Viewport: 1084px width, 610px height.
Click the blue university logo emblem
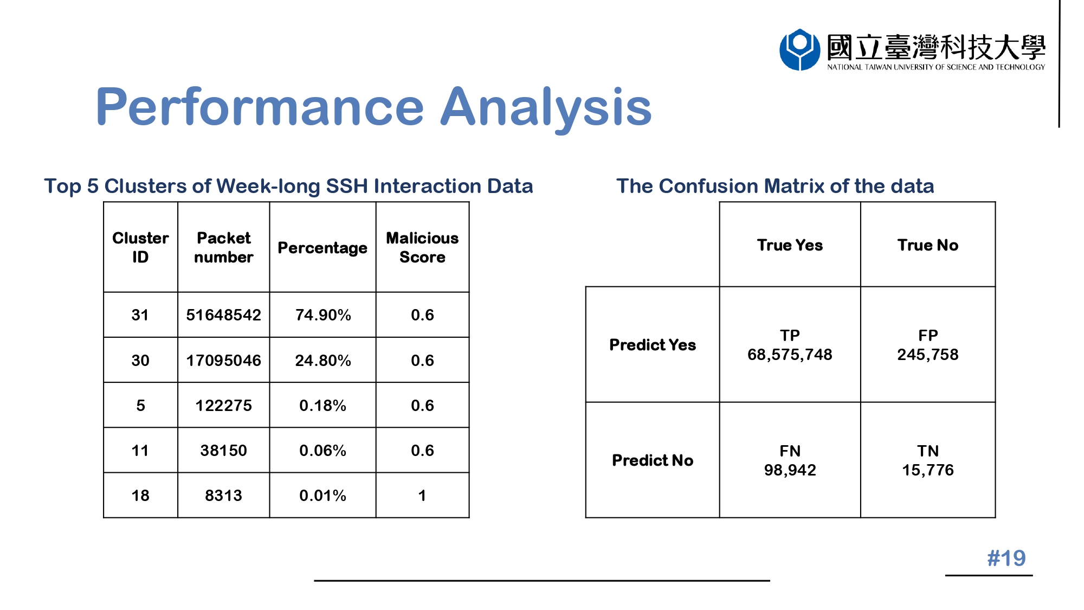799,49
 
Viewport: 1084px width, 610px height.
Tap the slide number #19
1006,558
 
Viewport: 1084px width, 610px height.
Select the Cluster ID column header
140,247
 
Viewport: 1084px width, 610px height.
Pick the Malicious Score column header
422,247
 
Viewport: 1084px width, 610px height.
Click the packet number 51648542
223,315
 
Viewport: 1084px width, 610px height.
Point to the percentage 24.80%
322,361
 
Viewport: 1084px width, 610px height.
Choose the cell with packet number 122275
223,406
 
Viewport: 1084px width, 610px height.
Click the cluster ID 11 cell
140,451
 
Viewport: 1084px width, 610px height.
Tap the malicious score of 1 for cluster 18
422,496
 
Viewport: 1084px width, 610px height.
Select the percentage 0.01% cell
322,496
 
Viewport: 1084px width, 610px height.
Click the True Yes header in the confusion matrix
790,245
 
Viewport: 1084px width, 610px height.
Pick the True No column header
927,245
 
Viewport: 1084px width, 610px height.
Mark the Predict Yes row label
653,345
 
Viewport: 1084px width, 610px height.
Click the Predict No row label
653,460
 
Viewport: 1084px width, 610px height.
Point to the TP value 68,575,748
790,355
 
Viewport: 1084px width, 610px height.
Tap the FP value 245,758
927,355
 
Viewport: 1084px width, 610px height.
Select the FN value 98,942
790,470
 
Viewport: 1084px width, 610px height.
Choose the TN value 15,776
927,470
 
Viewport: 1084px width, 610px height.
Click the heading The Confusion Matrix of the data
775,186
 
